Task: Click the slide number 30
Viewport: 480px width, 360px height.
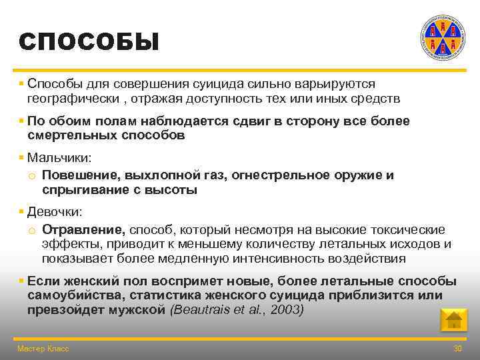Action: (457, 349)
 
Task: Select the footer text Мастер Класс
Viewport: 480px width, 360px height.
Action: (43, 349)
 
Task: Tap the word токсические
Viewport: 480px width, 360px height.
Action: (406, 229)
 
